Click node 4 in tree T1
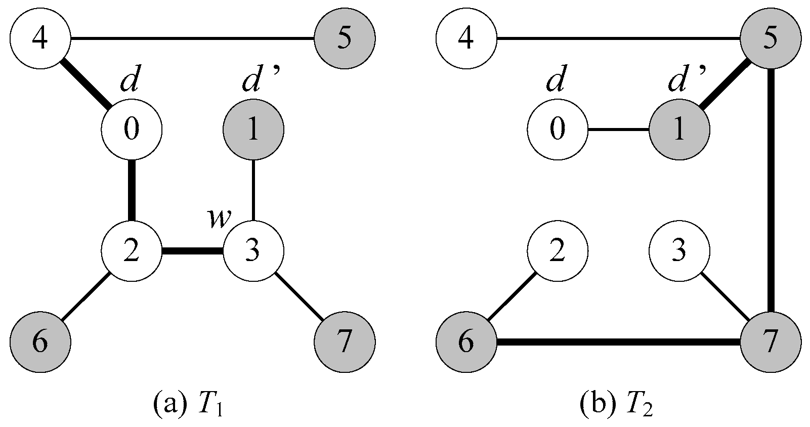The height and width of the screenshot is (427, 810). tap(40, 38)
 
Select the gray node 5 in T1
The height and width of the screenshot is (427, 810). tap(345, 38)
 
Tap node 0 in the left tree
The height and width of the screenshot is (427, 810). tap(132, 130)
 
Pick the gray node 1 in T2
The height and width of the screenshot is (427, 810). tap(679, 130)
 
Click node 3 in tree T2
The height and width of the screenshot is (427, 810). tap(679, 251)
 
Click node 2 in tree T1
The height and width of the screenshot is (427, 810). tap(132, 251)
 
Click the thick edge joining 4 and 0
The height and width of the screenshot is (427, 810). tap(86, 84)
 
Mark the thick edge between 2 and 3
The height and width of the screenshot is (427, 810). tap(192, 251)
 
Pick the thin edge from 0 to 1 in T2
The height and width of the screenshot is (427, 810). tap(618, 130)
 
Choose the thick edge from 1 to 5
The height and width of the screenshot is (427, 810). tap(724, 84)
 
